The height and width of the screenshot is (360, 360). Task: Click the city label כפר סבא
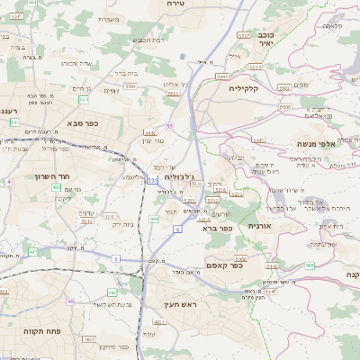(x=82, y=123)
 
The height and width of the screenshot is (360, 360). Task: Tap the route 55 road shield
(x=168, y=126)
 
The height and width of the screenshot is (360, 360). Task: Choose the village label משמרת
(x=107, y=19)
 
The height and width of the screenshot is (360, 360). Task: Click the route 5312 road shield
(x=86, y=219)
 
